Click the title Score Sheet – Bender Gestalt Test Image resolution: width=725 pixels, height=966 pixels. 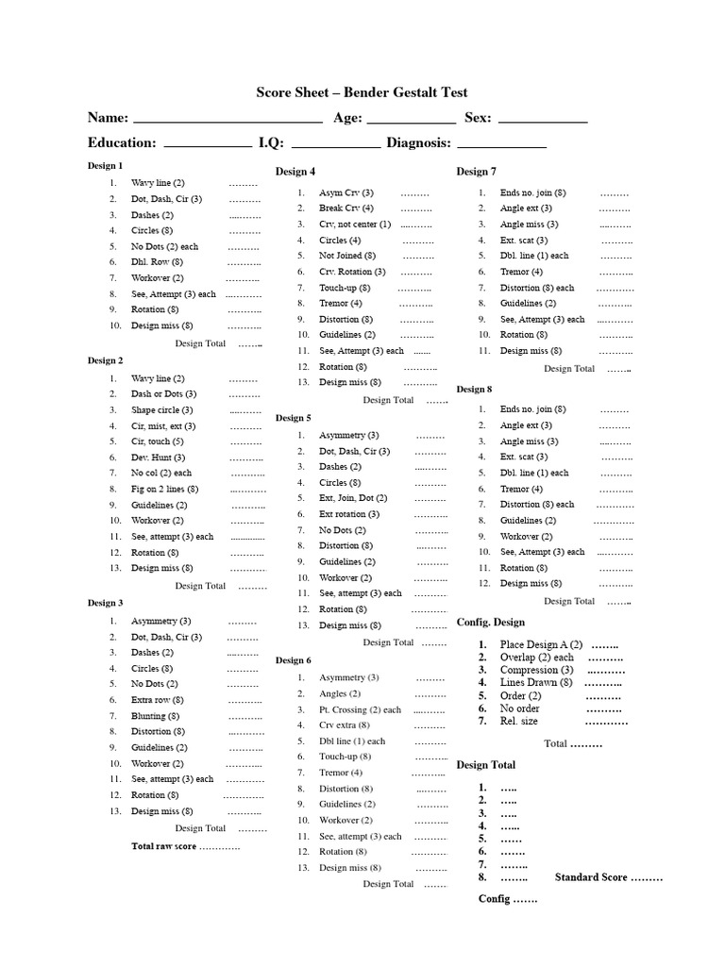(x=362, y=92)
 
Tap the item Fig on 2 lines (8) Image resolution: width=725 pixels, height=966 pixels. (x=164, y=489)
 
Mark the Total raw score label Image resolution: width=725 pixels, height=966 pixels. (x=163, y=846)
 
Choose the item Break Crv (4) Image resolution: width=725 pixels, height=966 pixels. (x=346, y=208)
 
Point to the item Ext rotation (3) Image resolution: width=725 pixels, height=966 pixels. (x=349, y=514)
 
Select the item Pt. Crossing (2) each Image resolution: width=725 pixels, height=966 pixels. (x=360, y=709)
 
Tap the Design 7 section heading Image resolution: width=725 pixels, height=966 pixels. (x=476, y=171)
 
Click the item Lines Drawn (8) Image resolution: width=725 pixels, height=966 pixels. (x=536, y=682)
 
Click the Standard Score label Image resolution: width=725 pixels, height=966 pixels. (x=591, y=877)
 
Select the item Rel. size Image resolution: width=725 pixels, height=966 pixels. (x=519, y=721)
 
